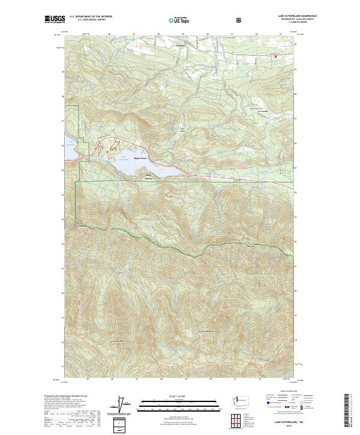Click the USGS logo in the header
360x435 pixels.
tap(55, 20)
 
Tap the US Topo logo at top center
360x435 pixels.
tap(175, 20)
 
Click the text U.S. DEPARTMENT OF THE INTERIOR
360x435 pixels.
tap(91, 16)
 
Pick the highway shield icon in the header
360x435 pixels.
tap(240, 20)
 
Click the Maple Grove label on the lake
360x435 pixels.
tap(140, 158)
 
